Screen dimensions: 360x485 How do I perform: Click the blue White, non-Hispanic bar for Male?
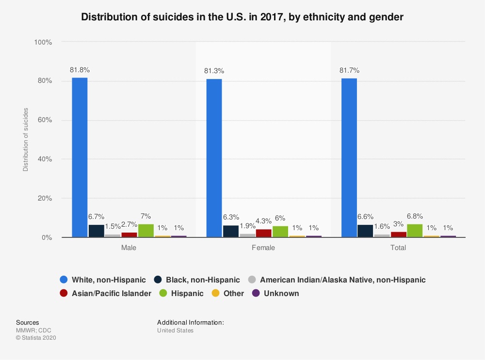click(x=80, y=157)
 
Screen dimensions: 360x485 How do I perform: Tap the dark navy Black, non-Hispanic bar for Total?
click(x=365, y=231)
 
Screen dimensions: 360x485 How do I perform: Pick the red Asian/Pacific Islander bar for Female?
click(x=264, y=233)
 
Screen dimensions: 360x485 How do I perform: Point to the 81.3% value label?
click(x=214, y=71)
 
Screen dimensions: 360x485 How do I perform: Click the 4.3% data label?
click(x=264, y=221)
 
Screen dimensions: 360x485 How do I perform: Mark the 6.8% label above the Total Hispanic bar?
click(x=415, y=216)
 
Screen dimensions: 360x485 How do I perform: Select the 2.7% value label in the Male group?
click(x=129, y=224)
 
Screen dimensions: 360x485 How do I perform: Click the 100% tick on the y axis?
click(x=43, y=42)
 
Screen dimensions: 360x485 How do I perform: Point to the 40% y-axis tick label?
click(x=44, y=159)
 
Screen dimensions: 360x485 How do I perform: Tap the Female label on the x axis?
click(x=263, y=248)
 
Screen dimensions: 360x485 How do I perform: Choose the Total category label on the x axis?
click(x=398, y=248)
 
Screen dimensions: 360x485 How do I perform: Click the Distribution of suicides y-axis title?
click(x=25, y=139)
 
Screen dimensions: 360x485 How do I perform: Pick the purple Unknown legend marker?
click(x=256, y=293)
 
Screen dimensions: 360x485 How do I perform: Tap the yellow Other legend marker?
click(x=215, y=293)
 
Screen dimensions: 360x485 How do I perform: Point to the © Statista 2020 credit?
click(x=36, y=338)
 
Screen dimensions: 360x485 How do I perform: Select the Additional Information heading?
click(x=191, y=322)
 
